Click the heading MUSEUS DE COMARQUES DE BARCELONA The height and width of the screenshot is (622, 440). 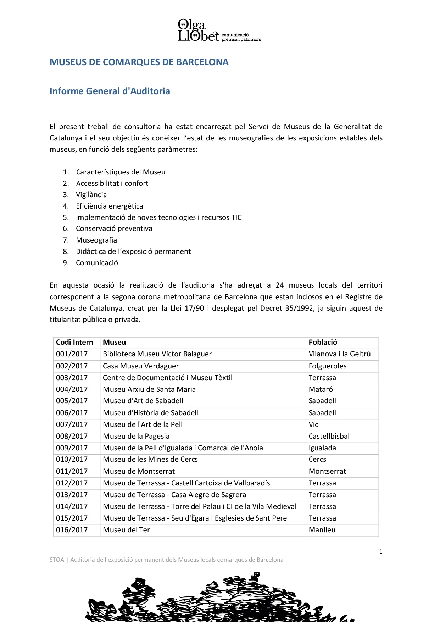(139, 62)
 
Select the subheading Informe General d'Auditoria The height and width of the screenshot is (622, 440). (110, 91)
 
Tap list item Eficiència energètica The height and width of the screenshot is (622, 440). (109, 206)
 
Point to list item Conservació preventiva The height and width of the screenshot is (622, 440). (114, 228)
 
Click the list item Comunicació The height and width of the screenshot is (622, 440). (97, 263)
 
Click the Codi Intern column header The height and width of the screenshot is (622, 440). (74, 342)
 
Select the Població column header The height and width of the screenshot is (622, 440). (323, 342)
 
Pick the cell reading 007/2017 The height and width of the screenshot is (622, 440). (72, 424)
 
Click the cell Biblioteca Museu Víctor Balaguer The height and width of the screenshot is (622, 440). (157, 354)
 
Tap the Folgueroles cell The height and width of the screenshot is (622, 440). (327, 366)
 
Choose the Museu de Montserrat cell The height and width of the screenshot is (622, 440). (139, 471)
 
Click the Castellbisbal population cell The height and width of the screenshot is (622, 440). (329, 436)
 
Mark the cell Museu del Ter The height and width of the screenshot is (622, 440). (126, 530)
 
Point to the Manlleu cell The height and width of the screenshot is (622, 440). (322, 530)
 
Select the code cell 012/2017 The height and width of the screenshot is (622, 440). (72, 483)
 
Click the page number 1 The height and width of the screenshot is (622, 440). (380, 551)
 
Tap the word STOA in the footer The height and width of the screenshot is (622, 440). (57, 560)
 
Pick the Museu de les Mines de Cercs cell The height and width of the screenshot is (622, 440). (150, 459)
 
